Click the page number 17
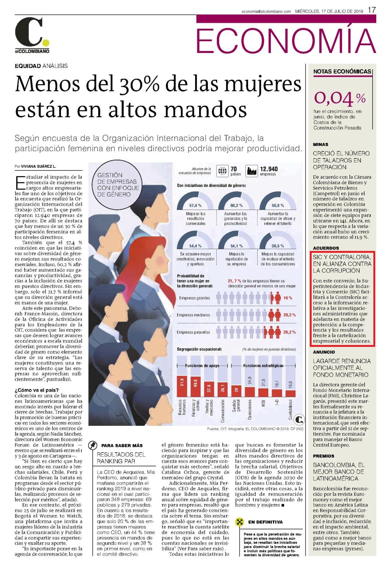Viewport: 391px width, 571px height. tap(372, 10)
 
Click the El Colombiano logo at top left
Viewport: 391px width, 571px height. tap(32, 35)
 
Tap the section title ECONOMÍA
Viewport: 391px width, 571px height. tap(286, 41)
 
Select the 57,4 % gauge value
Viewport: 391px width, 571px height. tap(195, 205)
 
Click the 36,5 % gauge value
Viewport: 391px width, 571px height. tap(278, 246)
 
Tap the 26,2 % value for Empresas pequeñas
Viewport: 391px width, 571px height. tap(290, 332)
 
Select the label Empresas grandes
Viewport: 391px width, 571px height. tap(194, 298)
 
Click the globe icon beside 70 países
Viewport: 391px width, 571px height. tap(222, 171)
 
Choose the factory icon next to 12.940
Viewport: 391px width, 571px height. tap(252, 171)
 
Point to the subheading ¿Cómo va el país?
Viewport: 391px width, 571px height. tap(37, 390)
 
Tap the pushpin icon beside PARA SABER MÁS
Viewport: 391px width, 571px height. tap(93, 445)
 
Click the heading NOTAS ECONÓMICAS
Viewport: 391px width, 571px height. tap(342, 72)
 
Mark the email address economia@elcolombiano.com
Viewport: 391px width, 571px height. tap(266, 11)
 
